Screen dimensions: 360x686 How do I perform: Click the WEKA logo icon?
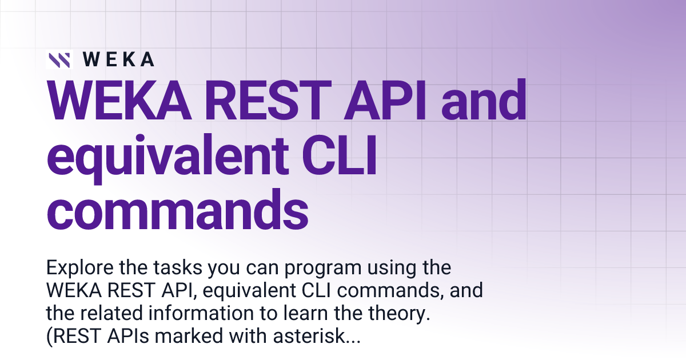59,59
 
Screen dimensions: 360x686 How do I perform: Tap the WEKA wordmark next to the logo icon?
118,59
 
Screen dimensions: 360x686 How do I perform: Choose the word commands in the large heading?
177,209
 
